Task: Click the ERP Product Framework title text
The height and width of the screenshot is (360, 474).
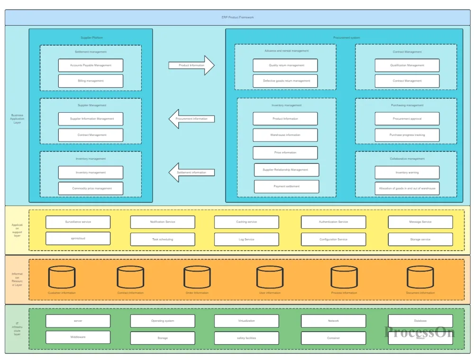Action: [x=237, y=17]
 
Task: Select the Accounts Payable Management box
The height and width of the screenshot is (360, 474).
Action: [x=91, y=65]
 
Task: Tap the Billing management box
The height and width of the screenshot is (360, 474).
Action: [x=91, y=81]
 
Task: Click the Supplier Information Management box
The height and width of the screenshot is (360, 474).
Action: [x=91, y=119]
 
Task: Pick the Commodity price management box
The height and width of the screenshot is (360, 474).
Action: [x=91, y=189]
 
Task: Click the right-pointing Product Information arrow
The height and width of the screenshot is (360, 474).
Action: [x=191, y=65]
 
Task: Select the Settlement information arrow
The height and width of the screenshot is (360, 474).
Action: [x=191, y=172]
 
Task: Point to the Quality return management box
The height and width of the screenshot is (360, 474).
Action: [x=285, y=65]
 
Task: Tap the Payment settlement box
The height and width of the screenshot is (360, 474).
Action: [x=286, y=187]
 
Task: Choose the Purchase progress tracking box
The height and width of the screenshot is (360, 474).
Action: [x=407, y=135]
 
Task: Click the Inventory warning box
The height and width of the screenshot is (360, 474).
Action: [x=407, y=172]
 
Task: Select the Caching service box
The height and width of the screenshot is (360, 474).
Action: [x=246, y=222]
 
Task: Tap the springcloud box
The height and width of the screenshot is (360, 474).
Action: [x=78, y=238]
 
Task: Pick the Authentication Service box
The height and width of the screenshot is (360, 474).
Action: [x=333, y=222]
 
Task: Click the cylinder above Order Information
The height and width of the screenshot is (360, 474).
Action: [x=197, y=277]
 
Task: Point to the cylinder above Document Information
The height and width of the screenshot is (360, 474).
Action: [x=420, y=277]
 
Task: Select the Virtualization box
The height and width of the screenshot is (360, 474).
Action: [x=246, y=321]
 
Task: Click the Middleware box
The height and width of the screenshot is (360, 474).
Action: [x=78, y=337]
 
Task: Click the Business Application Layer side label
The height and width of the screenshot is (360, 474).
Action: [x=17, y=119]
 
